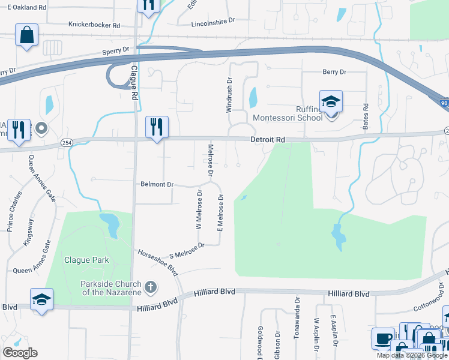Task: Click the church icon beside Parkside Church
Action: pos(150,287)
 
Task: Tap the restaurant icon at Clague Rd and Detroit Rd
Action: pos(157,127)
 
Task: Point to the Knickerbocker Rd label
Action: pos(94,26)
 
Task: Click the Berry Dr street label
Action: pos(334,72)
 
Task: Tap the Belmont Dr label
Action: pos(157,184)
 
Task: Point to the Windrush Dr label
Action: pos(229,95)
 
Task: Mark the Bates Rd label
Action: pos(365,113)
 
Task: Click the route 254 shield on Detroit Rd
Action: pos(67,142)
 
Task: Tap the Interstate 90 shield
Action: pos(442,104)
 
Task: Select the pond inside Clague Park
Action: pos(110,224)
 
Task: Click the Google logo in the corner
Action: pos(19,352)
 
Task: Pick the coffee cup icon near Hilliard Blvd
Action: pos(382,338)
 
